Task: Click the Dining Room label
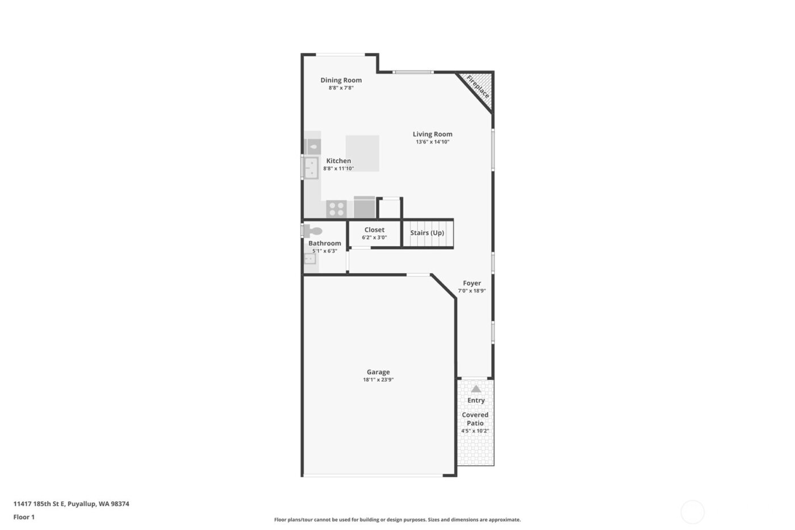pos(341,80)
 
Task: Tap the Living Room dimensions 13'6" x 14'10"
pos(432,142)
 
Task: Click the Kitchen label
pos(338,161)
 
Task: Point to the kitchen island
pos(362,153)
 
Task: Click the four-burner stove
pos(336,209)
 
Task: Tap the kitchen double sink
pos(311,168)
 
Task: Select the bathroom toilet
pos(313,231)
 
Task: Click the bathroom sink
pos(309,259)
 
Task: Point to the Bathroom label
pos(325,243)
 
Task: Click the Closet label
pos(374,230)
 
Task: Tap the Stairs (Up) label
pos(427,233)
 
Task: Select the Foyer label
pos(472,283)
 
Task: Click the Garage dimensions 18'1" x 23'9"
pos(378,380)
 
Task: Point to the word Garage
pos(378,372)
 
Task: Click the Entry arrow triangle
pos(476,389)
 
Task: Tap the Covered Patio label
pos(475,419)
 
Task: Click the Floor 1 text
pos(24,517)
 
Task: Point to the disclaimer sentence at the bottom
pos(397,520)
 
